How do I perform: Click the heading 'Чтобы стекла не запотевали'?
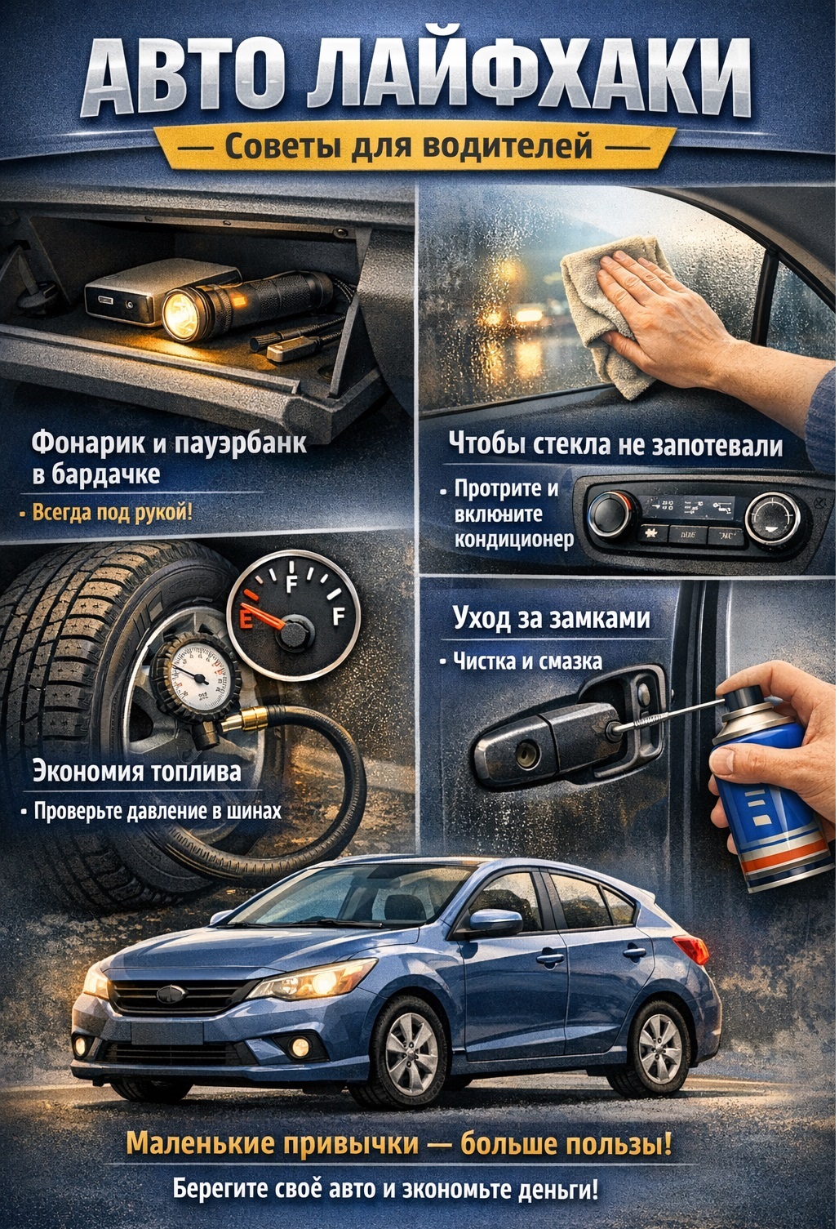615,445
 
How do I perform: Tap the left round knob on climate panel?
610,514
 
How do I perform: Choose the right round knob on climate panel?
771,518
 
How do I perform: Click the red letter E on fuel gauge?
245,619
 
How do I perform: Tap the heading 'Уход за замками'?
551,618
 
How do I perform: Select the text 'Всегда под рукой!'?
112,513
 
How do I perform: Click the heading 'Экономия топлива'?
136,772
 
